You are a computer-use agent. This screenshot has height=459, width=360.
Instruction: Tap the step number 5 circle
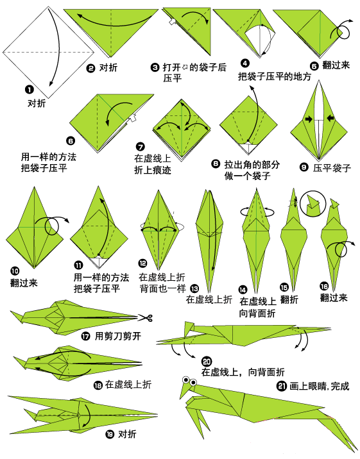[x=314, y=65]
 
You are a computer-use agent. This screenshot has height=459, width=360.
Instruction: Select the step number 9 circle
[x=304, y=167]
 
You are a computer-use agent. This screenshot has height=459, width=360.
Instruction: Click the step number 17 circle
[x=85, y=335]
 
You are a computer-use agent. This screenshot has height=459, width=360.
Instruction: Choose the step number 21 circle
[x=281, y=386]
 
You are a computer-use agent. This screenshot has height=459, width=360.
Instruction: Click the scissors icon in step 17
[x=146, y=316]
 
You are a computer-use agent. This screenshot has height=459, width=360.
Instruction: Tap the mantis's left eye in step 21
[x=184, y=380]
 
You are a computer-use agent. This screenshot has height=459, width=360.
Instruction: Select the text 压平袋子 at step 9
[x=332, y=169]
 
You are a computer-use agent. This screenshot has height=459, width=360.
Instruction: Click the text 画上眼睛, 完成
[x=318, y=387]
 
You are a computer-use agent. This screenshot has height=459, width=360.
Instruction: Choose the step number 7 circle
[x=141, y=147]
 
